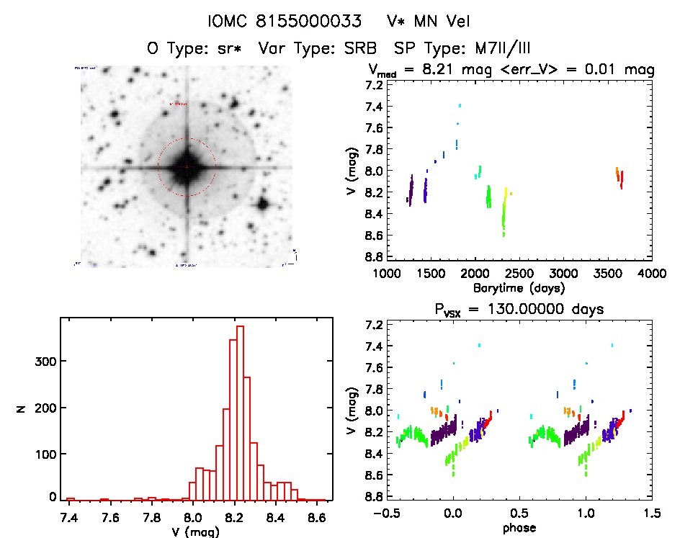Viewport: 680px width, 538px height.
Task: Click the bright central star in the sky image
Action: [x=187, y=167]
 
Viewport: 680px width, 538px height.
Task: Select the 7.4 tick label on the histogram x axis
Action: [x=70, y=517]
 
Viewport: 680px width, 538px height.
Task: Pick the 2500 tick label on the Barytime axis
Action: [x=519, y=274]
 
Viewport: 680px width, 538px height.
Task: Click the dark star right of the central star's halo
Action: [x=262, y=204]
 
